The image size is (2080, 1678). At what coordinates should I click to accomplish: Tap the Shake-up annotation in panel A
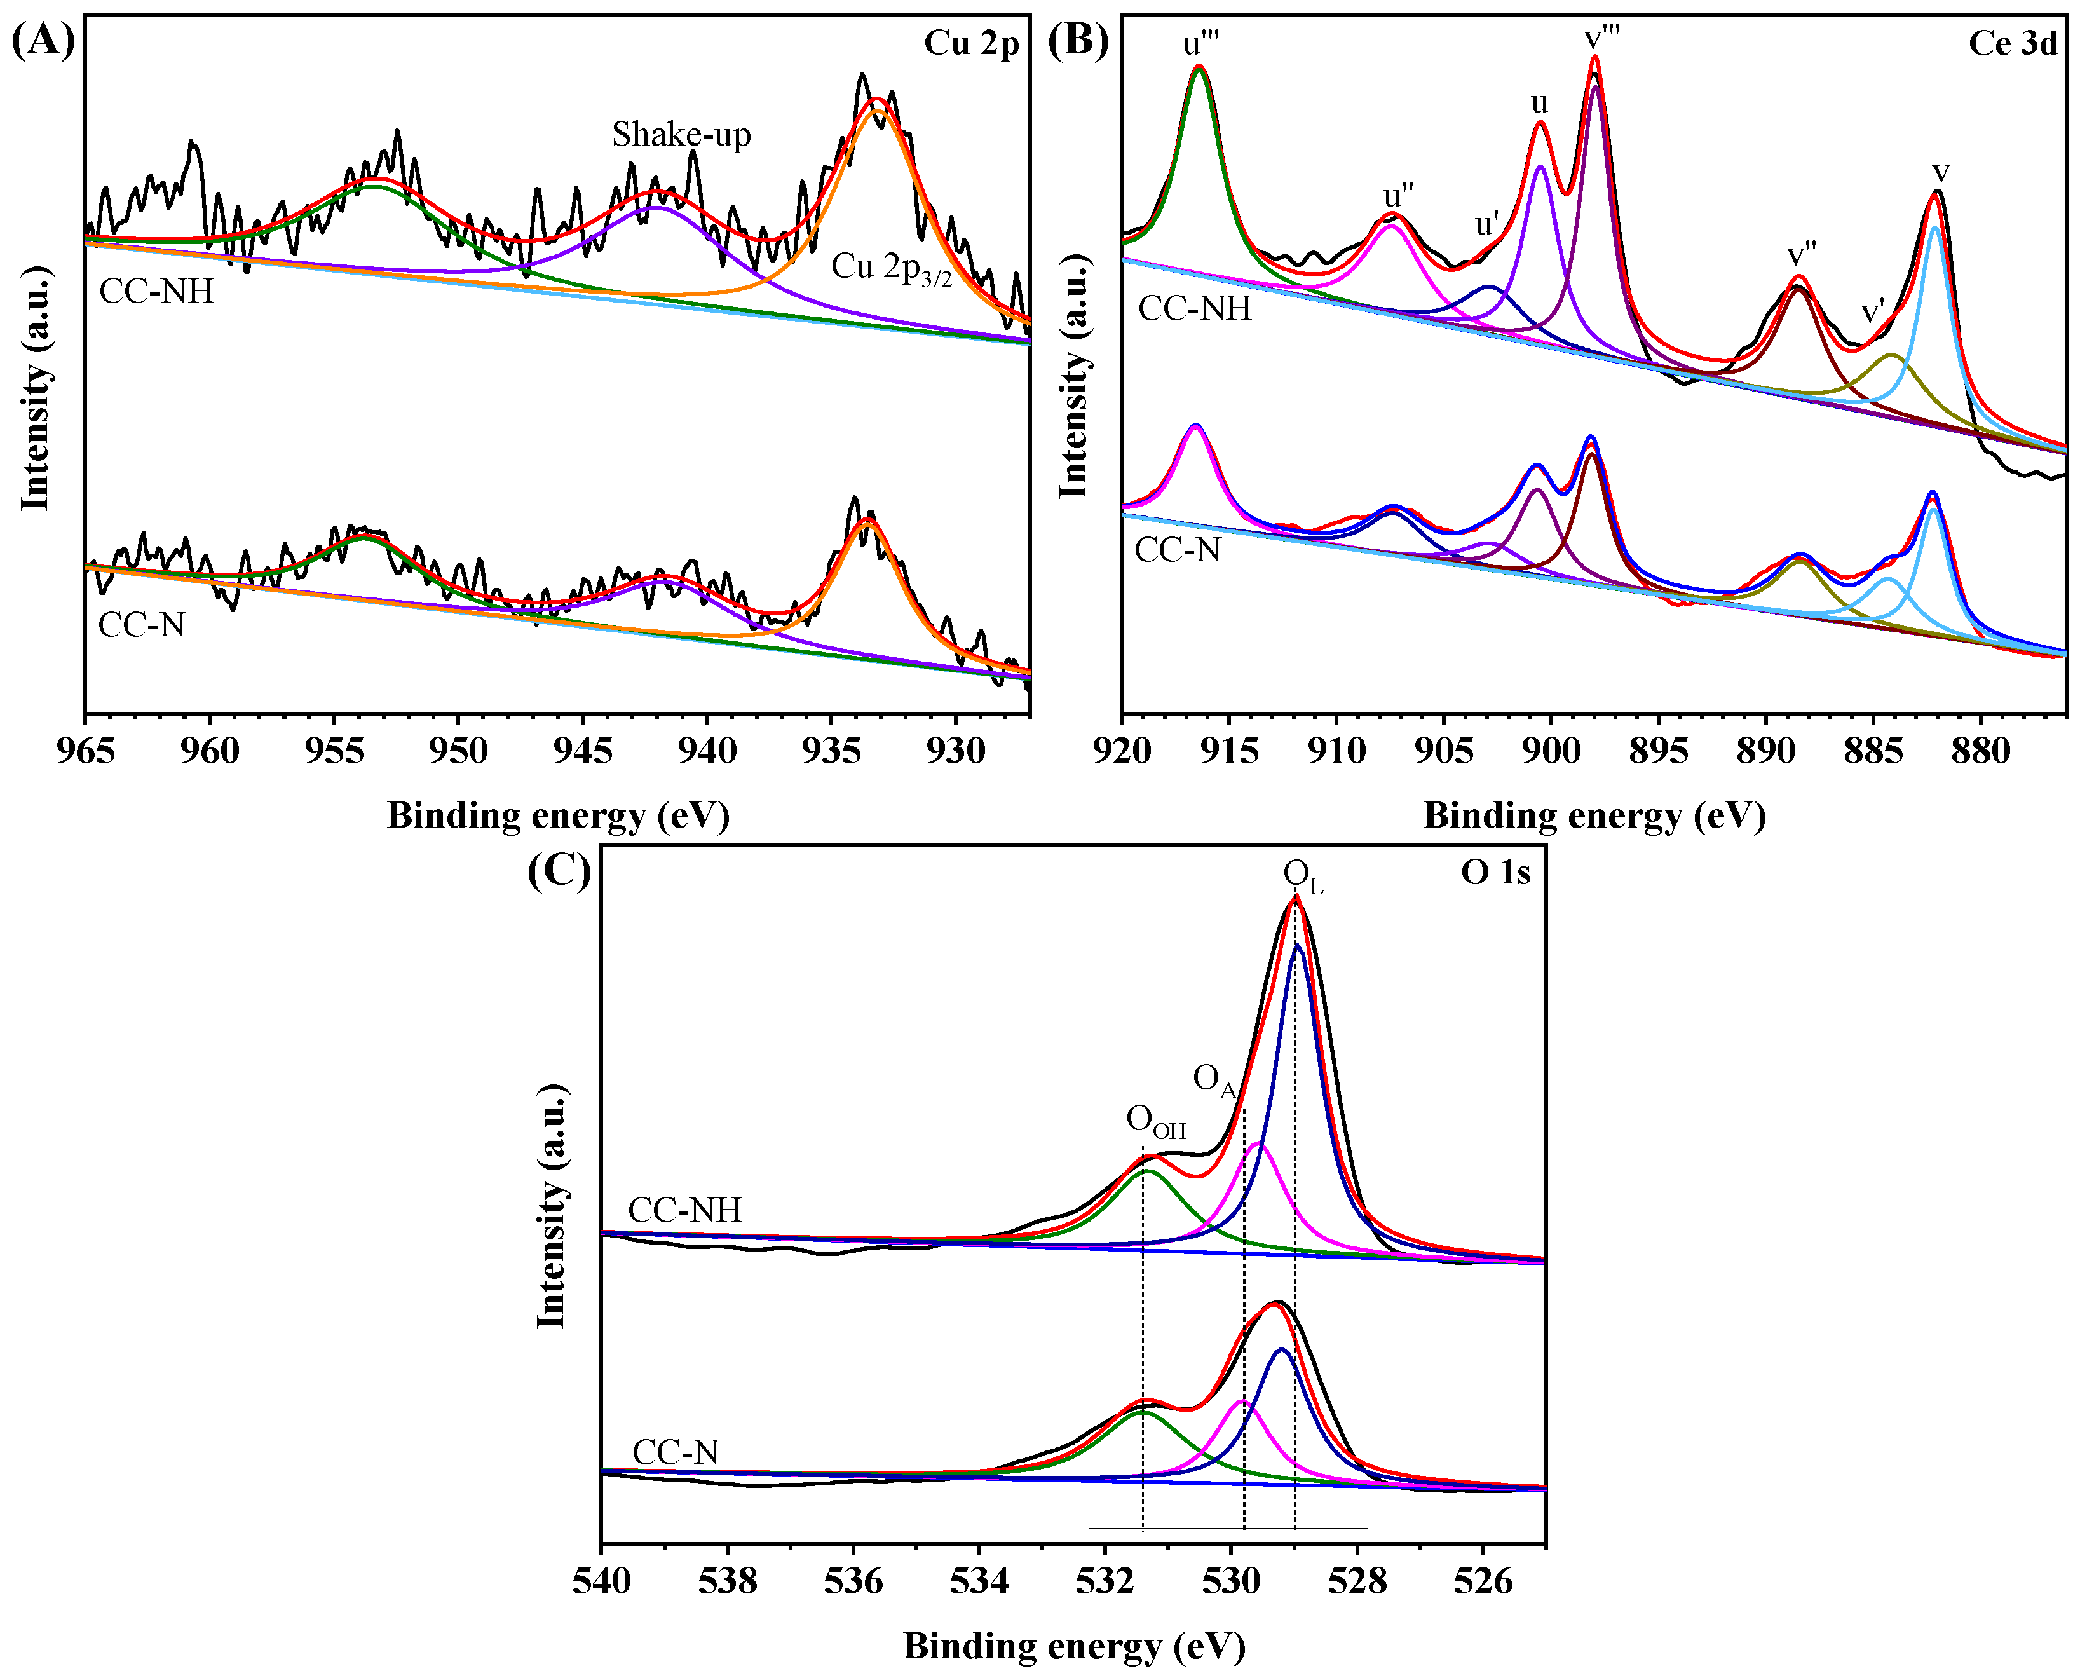681,134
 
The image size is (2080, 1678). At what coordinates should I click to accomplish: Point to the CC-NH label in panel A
156,291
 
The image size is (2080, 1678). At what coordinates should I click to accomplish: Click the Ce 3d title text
2013,43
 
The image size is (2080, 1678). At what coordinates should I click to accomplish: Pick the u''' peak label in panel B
1200,43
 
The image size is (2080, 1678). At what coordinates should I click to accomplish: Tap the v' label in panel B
1872,312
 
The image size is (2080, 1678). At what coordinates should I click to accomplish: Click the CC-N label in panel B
1176,550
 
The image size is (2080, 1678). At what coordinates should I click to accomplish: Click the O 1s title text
1495,873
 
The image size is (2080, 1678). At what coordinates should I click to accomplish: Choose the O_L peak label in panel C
1302,876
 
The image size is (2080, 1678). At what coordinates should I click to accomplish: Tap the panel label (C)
559,871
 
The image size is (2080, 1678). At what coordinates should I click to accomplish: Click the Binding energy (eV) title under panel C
1074,1645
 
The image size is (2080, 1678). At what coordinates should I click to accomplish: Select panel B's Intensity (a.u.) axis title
1074,377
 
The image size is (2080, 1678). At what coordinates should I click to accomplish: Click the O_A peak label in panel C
1214,1080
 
